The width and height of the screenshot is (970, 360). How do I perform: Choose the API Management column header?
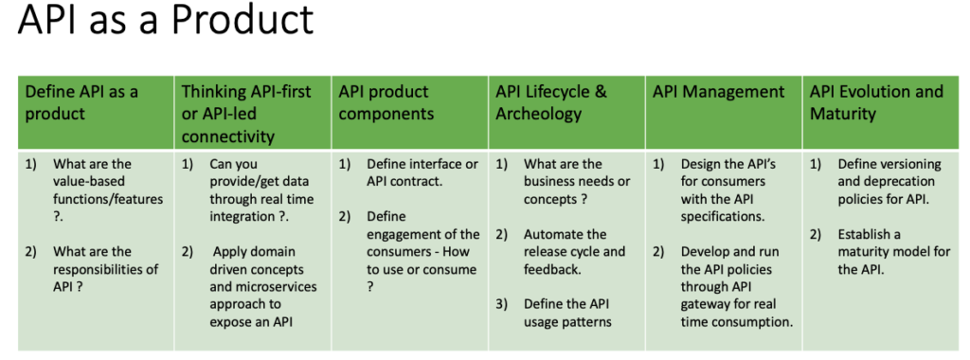click(718, 92)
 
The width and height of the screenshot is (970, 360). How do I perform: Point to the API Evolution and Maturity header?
click(876, 102)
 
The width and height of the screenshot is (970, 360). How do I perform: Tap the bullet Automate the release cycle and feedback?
click(574, 251)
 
